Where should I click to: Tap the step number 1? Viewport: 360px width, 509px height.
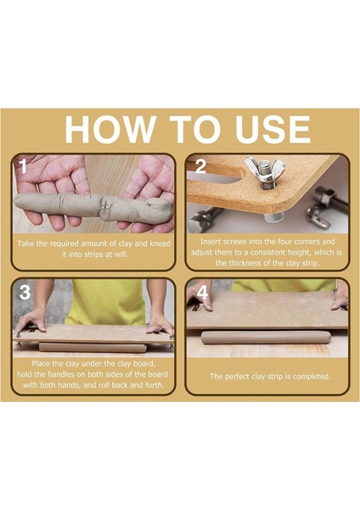(22, 166)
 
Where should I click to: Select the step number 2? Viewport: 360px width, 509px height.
(200, 166)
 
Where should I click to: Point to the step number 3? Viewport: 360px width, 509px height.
(25, 293)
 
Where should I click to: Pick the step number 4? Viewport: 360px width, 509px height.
(202, 293)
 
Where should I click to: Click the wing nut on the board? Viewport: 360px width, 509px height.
(265, 172)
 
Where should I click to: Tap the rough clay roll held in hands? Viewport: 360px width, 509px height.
(93, 207)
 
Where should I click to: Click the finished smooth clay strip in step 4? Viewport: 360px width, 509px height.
(266, 338)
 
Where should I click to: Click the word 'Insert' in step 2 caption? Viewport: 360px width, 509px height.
(211, 242)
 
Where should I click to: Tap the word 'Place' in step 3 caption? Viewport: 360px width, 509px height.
(41, 364)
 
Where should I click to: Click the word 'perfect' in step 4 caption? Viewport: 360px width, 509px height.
(236, 377)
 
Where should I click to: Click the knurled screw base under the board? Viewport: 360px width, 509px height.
(274, 217)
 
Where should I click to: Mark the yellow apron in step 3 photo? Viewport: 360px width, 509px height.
(104, 303)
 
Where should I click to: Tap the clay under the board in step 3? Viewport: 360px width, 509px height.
(93, 347)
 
